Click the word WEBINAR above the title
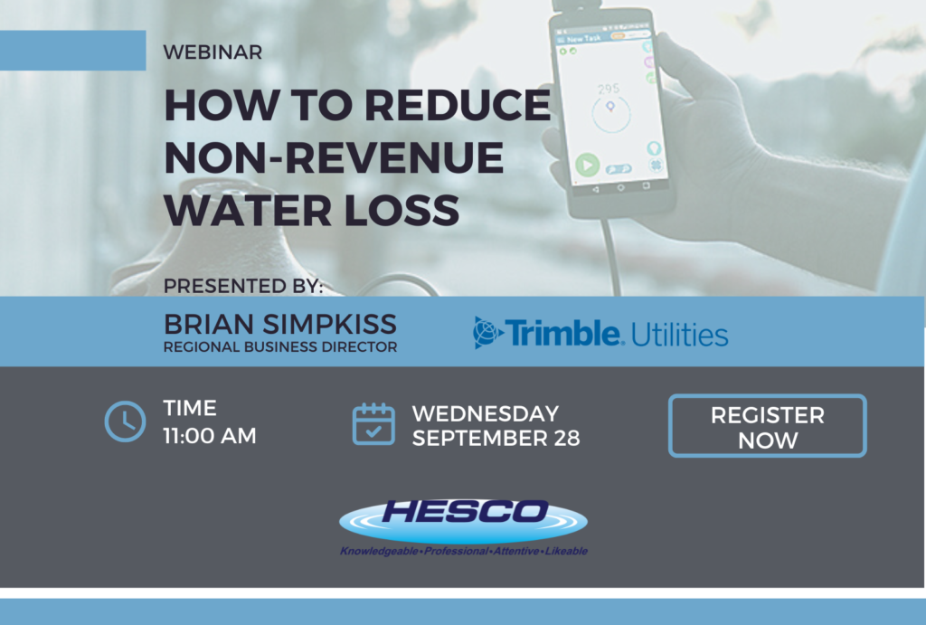[x=213, y=52]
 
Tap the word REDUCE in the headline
[x=458, y=105]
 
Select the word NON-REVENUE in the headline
[x=334, y=157]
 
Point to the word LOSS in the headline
[x=402, y=211]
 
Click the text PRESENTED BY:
[x=243, y=286]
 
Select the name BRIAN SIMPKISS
[x=280, y=325]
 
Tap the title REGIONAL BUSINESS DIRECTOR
[x=280, y=346]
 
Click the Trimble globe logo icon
[x=487, y=332]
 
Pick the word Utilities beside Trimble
[x=680, y=335]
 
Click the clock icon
[x=125, y=421]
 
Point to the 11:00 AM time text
[x=210, y=436]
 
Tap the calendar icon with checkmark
[x=373, y=424]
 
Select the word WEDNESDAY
[x=486, y=413]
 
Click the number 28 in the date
[x=567, y=439]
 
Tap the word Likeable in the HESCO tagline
[x=566, y=551]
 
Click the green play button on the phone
[x=588, y=165]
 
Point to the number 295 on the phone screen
[x=609, y=90]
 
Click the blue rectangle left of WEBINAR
[x=72, y=51]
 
